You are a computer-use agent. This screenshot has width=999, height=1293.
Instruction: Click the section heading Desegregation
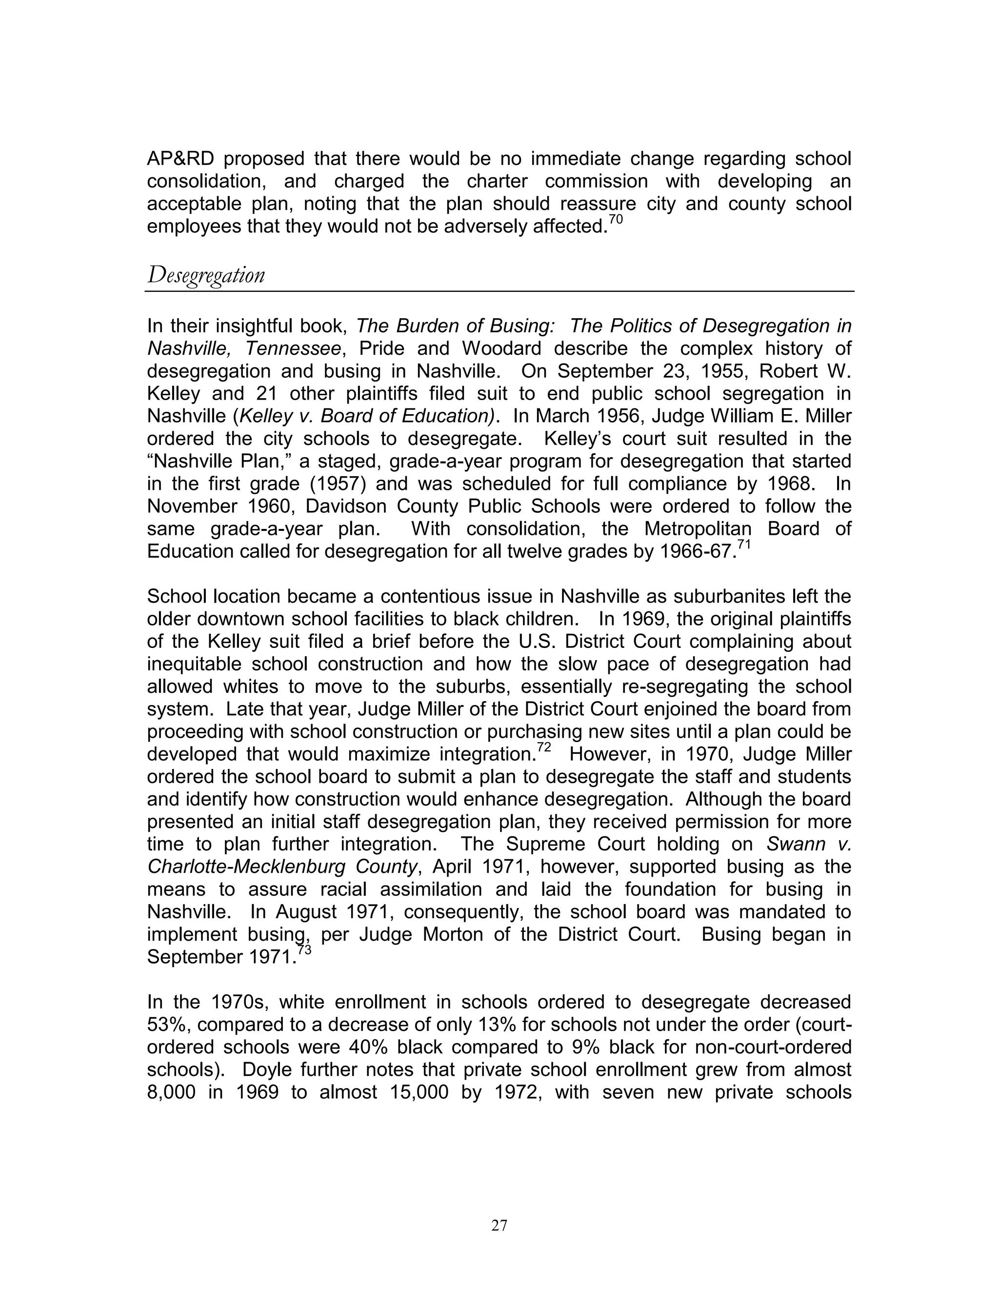(206, 275)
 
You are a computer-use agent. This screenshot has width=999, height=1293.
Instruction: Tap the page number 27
(499, 1226)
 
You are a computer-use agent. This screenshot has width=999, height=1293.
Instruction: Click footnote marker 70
(616, 220)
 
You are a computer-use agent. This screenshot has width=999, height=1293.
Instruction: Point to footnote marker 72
(544, 748)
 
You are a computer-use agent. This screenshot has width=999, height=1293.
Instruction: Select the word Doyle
(267, 1070)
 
